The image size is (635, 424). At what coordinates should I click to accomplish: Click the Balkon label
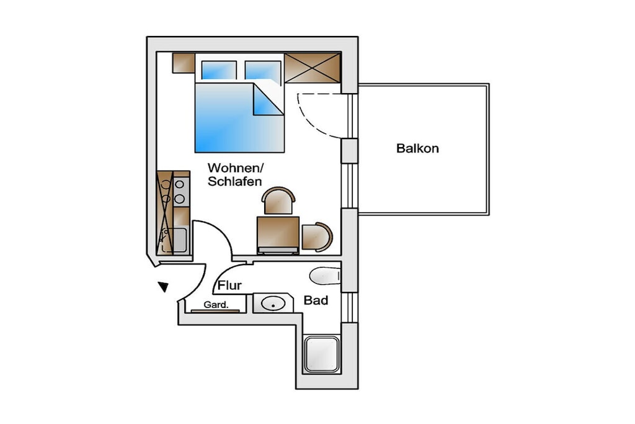(x=417, y=148)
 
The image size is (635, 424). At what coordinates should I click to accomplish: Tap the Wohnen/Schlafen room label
(x=235, y=174)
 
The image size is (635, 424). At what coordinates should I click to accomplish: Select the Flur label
(x=229, y=286)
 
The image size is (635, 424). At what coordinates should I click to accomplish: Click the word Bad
(x=316, y=300)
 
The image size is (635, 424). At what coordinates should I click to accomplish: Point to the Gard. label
(x=216, y=305)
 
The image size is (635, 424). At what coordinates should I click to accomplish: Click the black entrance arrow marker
(x=164, y=287)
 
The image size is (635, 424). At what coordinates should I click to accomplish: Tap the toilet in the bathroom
(x=325, y=276)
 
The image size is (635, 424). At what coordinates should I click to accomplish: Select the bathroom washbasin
(x=273, y=303)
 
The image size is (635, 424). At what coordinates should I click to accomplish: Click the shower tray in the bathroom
(x=322, y=354)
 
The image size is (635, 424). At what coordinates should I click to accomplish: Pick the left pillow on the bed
(x=219, y=70)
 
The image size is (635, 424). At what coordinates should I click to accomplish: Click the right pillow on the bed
(x=263, y=71)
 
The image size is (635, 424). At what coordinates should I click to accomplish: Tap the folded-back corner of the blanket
(x=268, y=99)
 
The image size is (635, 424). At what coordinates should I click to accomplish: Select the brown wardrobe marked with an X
(x=313, y=68)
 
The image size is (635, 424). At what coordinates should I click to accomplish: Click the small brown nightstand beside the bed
(x=184, y=63)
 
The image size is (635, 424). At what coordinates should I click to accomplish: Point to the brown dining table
(x=278, y=234)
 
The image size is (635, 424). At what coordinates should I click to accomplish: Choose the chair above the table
(x=278, y=201)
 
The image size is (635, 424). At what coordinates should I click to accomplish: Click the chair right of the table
(x=317, y=237)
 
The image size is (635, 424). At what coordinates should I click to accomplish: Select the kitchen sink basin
(x=180, y=240)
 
